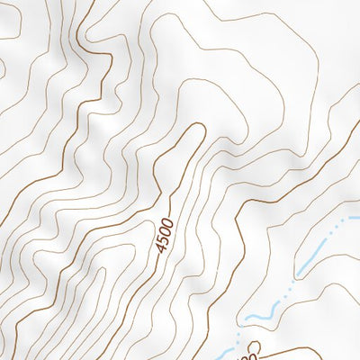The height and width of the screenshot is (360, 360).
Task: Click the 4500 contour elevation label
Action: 163,232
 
